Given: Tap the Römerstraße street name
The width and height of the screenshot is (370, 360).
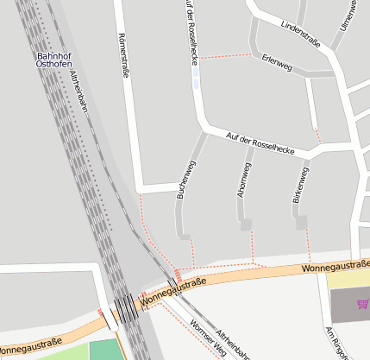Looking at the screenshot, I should click(122, 57).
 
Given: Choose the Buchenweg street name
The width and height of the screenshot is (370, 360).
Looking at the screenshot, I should click(186, 180).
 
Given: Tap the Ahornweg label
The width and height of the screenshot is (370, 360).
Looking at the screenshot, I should click(243, 180).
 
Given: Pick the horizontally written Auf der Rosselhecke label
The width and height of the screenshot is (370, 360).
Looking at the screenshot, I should click(260, 143).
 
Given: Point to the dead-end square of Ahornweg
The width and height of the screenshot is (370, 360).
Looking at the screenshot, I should click(246, 224).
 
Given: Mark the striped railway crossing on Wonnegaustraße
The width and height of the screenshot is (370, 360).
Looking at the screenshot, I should click(125, 306).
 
